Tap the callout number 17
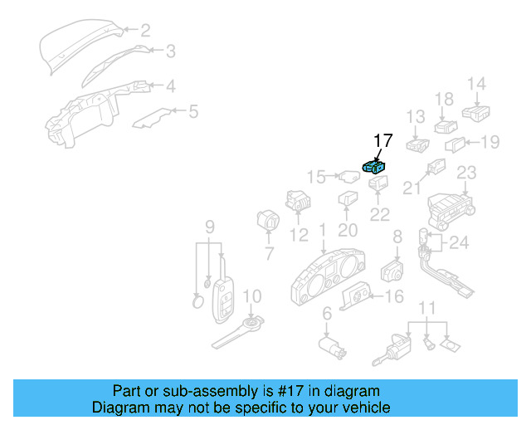tap(382, 141)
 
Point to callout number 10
tap(252, 296)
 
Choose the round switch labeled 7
tap(269, 223)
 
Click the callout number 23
tap(467, 173)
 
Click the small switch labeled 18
tap(446, 126)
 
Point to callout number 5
tap(193, 110)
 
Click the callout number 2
tap(144, 32)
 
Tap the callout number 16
tap(394, 296)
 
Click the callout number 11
tap(427, 309)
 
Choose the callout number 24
tap(459, 243)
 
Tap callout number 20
tap(348, 231)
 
